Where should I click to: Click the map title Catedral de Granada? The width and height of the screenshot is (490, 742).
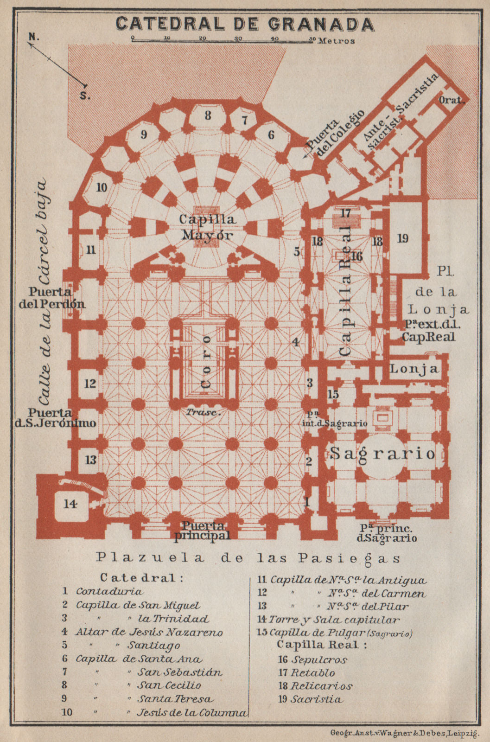(244, 24)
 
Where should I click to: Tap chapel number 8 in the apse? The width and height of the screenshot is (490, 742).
(208, 115)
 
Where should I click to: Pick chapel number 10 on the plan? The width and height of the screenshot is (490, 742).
(102, 187)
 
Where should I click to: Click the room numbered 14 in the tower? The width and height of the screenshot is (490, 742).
(70, 504)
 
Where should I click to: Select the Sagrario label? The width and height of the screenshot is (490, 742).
(383, 453)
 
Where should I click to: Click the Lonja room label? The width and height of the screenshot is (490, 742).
(414, 369)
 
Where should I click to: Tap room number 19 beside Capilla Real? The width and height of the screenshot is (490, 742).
(403, 238)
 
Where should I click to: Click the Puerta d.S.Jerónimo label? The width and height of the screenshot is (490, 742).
(62, 418)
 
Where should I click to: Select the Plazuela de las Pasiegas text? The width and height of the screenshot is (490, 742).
(248, 558)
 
